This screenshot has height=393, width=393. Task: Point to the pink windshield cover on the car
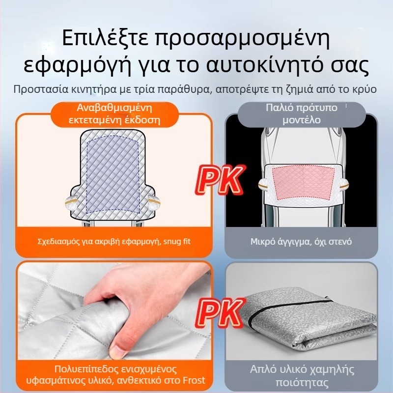point(301,184)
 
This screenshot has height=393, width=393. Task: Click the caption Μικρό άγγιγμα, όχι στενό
point(301,242)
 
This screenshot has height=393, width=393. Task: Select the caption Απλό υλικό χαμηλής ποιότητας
point(301,376)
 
